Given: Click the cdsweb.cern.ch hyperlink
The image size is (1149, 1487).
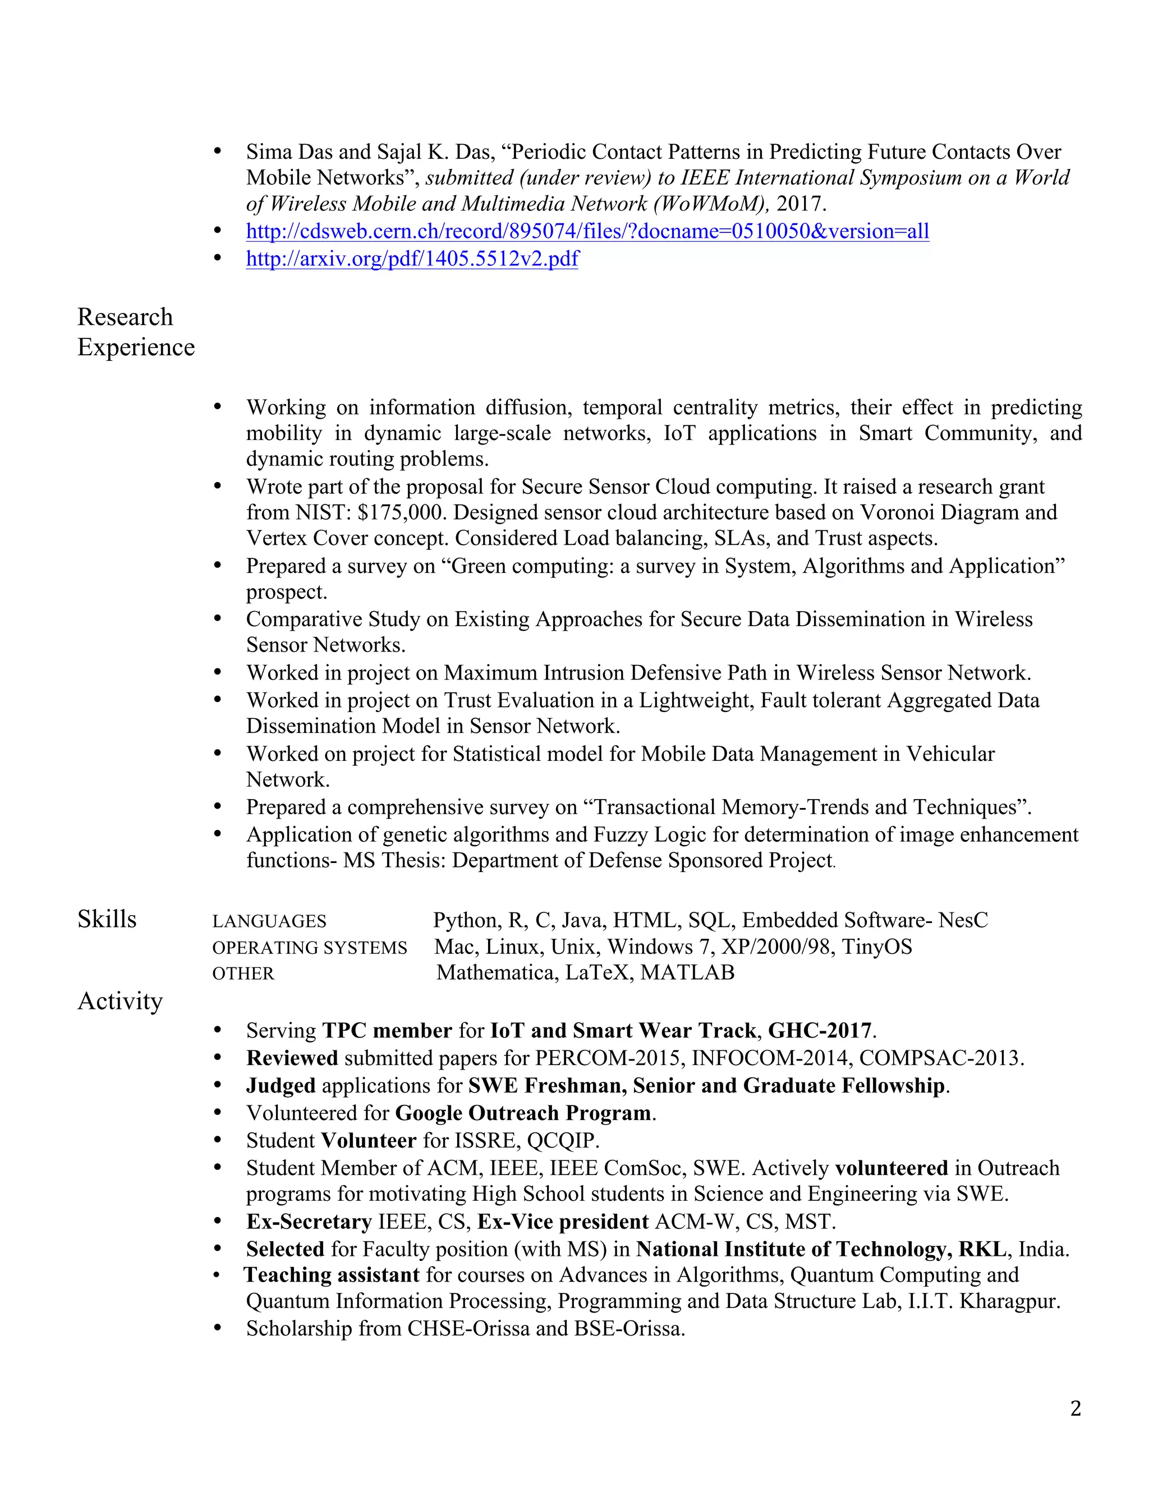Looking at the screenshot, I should (587, 232).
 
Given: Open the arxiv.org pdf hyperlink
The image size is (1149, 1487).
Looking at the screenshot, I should (412, 259).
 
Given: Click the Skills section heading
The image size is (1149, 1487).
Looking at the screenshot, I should (107, 919).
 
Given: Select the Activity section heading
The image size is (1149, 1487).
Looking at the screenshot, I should (121, 1001).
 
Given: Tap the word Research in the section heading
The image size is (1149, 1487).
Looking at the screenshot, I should (125, 317).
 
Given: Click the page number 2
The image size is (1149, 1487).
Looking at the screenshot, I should (1075, 1408).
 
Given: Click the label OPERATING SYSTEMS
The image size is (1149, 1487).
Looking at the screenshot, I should (309, 948).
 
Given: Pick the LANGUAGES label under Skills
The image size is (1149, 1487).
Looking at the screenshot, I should (269, 921).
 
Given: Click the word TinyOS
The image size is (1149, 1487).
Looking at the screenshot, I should (877, 947).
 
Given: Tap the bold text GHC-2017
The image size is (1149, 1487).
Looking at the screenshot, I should (820, 1031).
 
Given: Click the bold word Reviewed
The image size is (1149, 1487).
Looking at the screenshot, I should (292, 1058).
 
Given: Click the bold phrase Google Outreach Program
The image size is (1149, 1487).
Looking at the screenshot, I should (523, 1113).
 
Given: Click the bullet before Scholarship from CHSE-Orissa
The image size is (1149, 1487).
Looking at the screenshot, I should (218, 1328).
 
